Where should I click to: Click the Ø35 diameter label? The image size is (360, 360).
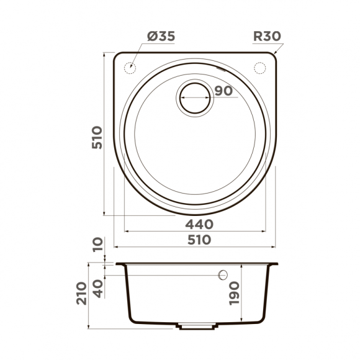[x=161, y=37]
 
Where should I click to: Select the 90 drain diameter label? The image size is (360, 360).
[x=223, y=91]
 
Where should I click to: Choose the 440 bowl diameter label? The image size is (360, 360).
[x=199, y=224]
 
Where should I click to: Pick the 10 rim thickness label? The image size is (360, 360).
[x=96, y=246]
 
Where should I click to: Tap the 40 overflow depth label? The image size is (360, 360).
[x=96, y=288]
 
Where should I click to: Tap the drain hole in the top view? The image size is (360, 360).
[x=196, y=99]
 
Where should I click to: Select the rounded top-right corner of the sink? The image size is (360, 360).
[x=274, y=58]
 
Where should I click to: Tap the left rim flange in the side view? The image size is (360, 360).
[x=119, y=263]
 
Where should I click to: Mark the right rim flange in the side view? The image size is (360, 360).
[x=272, y=263]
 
